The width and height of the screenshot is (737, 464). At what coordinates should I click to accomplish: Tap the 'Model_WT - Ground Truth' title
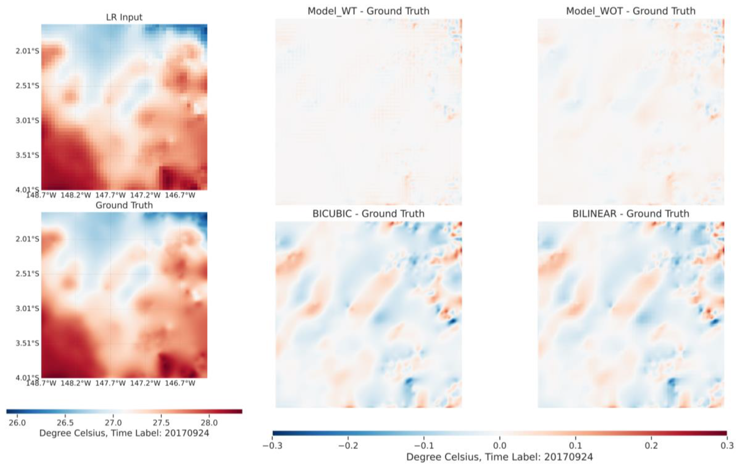pos(368,11)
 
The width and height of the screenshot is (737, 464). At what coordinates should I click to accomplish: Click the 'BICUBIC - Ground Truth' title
pos(368,214)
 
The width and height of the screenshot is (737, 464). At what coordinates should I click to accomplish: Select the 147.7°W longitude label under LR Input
pos(110,195)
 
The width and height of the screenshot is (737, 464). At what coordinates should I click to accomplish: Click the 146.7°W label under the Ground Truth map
pos(180,383)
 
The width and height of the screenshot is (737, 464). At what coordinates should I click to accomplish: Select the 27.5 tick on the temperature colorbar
pos(161,423)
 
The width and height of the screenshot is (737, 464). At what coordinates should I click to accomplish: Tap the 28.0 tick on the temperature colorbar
pos(209,423)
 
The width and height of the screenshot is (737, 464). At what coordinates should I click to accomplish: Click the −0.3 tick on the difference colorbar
pos(272,445)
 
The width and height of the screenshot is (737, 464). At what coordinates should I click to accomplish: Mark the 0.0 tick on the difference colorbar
pos(500,445)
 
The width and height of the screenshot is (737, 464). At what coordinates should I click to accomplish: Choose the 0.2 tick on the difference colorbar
pos(651,445)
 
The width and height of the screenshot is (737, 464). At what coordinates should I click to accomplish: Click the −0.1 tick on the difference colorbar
pos(424,445)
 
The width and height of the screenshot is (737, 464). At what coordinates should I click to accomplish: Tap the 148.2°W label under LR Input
pos(76,195)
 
